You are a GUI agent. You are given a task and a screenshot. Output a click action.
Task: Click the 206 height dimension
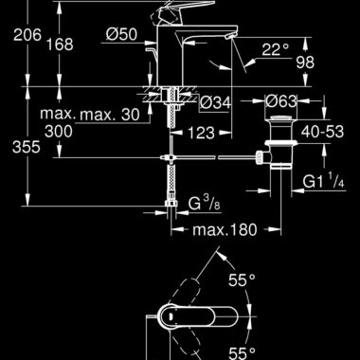[x=27, y=34]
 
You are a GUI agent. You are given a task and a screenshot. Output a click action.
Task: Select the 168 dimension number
[x=60, y=44]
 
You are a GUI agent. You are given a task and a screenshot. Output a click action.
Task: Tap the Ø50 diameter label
[x=121, y=34]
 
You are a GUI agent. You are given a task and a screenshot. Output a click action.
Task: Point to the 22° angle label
[x=275, y=49]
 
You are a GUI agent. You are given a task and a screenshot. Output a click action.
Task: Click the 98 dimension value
[x=305, y=63]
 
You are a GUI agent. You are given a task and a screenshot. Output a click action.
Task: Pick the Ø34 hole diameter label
[x=216, y=102]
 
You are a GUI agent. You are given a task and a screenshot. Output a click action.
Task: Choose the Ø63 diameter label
[x=280, y=101]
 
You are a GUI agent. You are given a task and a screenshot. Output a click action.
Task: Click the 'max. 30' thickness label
[x=109, y=115]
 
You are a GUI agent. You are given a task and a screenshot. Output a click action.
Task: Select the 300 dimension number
[x=59, y=131]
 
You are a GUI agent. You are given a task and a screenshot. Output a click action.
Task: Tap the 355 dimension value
[x=27, y=147]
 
